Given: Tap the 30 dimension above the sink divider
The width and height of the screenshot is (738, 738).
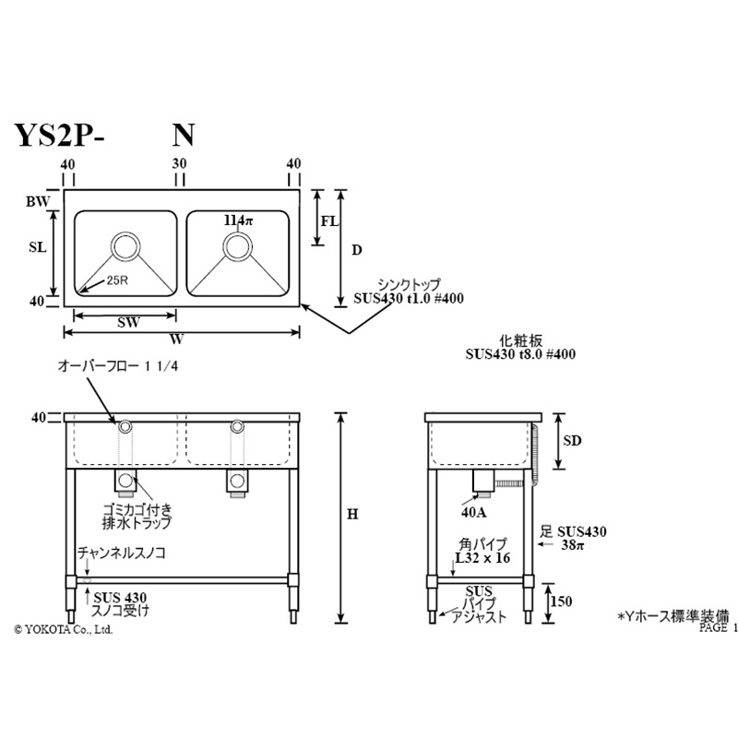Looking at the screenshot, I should [180, 163].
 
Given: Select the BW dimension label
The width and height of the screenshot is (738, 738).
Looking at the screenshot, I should [37, 199].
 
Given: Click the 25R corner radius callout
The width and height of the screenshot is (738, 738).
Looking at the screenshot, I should [117, 280].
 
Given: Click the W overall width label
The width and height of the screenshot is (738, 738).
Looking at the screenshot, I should [174, 339].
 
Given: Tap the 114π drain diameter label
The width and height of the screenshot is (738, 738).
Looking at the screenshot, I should [237, 221].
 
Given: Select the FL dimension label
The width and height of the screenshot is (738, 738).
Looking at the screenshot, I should [328, 221].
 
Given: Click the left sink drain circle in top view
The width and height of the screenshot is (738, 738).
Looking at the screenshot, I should [125, 246].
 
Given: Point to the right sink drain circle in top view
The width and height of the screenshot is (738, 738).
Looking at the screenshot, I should [238, 246].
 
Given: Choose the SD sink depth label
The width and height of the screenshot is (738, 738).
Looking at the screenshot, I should [572, 441].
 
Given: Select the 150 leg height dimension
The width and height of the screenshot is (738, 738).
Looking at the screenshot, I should [560, 601].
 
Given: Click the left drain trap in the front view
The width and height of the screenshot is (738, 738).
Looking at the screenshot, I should [125, 481].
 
